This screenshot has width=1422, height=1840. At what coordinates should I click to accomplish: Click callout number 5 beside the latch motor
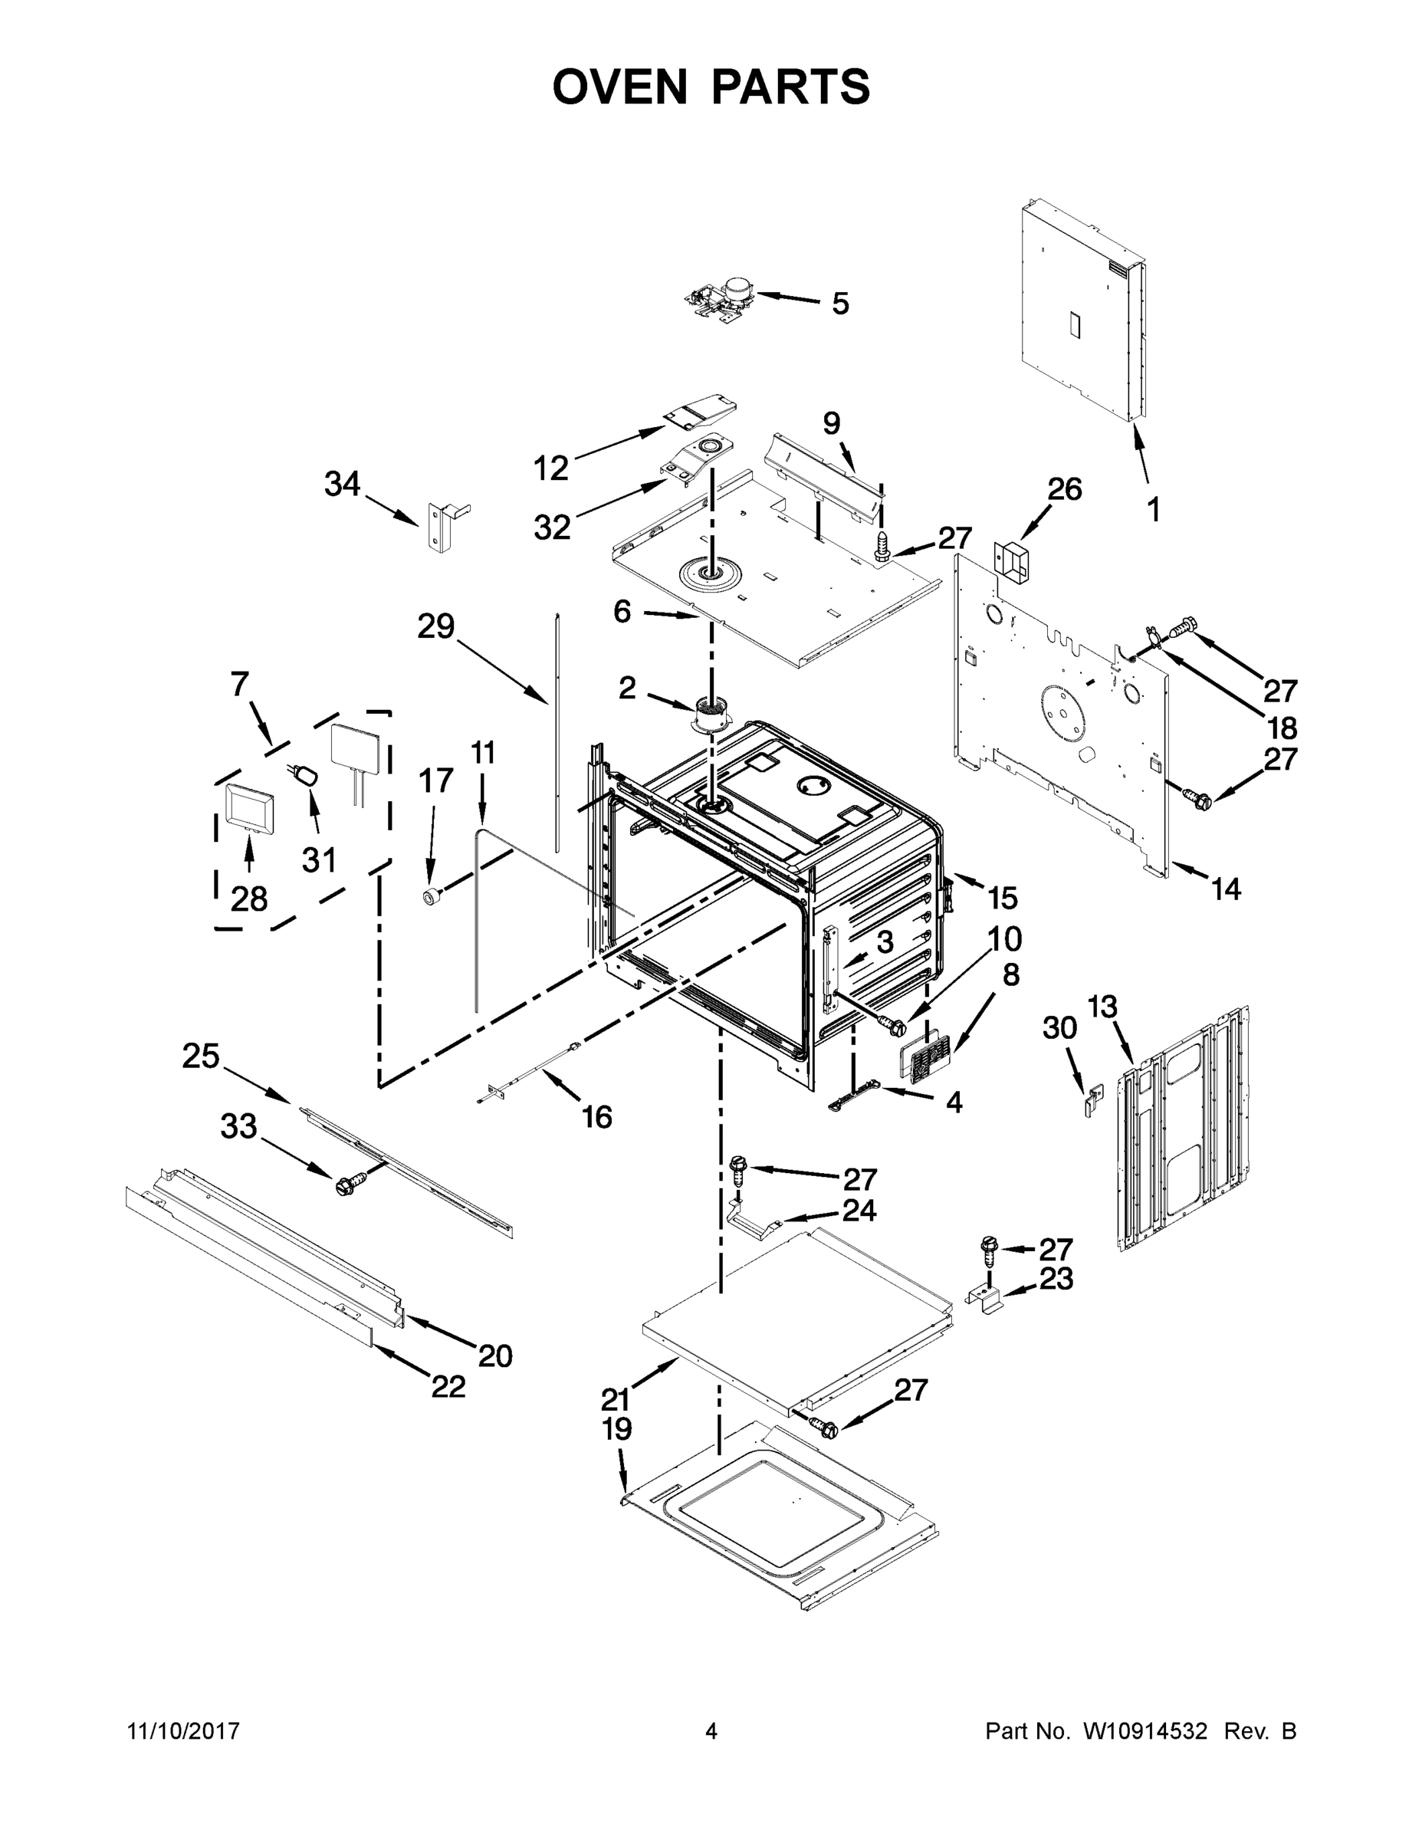click(x=840, y=304)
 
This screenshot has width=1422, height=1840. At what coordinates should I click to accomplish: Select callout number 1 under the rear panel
click(x=1153, y=509)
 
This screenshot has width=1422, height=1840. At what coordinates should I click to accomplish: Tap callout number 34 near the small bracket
click(x=342, y=485)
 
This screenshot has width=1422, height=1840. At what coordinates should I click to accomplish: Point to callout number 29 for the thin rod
click(x=435, y=626)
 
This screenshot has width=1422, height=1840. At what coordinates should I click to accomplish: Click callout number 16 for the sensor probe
click(x=596, y=1117)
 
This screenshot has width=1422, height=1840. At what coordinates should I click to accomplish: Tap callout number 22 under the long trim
click(x=448, y=1387)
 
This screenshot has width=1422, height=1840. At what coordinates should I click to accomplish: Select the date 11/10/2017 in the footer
click(x=182, y=1731)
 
